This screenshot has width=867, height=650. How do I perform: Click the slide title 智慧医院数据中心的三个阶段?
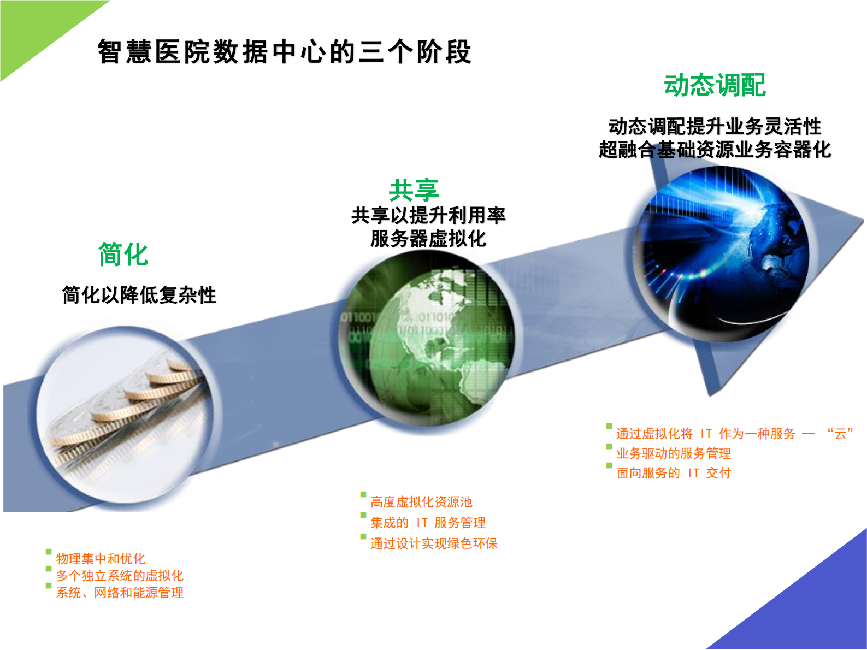[284, 52]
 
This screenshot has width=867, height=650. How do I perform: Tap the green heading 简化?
[123, 255]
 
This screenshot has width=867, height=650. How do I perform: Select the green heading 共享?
[414, 190]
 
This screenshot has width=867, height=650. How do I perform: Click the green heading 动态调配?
[715, 86]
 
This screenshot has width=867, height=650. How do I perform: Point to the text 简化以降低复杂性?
[139, 295]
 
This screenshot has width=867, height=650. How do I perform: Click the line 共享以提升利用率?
[428, 215]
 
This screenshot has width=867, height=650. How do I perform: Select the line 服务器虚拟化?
[428, 239]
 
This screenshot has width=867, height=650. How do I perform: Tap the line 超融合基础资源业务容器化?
[715, 149]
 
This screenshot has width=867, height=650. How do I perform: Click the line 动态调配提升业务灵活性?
[715, 126]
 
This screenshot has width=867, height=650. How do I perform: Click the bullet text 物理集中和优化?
[101, 559]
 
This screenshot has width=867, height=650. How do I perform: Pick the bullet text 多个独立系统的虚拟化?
[120, 576]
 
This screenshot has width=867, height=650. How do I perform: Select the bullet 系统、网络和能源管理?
[120, 593]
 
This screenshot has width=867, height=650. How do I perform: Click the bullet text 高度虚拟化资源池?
[421, 502]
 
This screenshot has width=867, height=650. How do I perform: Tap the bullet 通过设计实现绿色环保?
[434, 543]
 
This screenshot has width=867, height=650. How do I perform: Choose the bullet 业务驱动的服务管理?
[674, 453]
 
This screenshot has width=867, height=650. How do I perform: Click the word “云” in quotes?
[841, 434]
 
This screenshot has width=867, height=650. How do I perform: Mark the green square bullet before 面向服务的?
[609, 466]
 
